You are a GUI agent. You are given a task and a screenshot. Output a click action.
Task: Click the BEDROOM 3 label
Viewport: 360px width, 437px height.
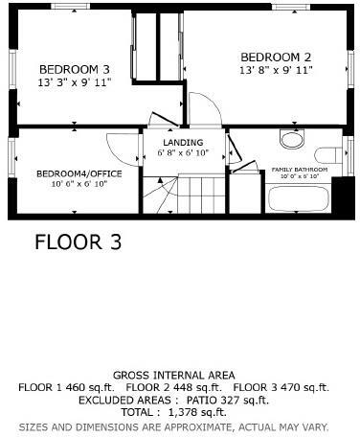(74, 69)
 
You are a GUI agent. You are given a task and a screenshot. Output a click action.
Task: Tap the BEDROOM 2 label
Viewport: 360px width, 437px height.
(276, 56)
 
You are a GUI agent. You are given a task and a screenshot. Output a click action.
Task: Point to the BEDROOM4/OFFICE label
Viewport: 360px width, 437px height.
(73, 173)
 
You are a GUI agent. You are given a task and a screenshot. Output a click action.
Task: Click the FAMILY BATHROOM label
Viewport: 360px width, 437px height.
(299, 170)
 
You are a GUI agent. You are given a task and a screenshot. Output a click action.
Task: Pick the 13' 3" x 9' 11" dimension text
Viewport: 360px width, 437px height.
(74, 83)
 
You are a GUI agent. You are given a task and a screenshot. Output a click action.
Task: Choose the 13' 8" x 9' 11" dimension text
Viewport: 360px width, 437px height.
(276, 70)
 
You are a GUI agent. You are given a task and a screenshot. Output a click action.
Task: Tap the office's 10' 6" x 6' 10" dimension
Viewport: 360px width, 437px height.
(73, 183)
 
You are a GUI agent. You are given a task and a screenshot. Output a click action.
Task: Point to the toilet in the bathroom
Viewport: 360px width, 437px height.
(326, 155)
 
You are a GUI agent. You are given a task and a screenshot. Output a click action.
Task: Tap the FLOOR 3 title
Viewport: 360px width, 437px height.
(79, 242)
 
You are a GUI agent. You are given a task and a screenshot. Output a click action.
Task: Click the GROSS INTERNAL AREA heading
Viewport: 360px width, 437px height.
(174, 375)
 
